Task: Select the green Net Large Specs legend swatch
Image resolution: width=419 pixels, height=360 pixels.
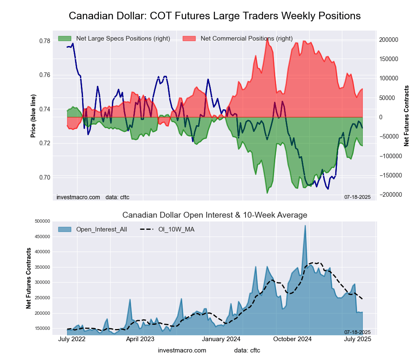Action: tap(65, 39)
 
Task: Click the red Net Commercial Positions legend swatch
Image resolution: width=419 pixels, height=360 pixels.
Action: tap(189, 39)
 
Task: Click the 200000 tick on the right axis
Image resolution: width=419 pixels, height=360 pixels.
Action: tap(389, 40)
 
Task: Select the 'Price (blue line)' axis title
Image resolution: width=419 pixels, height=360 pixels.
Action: tap(33, 116)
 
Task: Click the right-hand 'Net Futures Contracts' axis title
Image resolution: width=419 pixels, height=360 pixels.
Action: tap(406, 116)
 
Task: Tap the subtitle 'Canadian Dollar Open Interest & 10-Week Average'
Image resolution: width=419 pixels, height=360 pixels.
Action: tap(215, 215)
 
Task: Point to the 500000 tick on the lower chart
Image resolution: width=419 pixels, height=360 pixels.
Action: tap(42, 221)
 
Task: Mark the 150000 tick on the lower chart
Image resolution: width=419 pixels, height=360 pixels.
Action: tap(42, 328)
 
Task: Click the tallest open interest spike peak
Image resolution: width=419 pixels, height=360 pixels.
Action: tap(305, 226)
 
